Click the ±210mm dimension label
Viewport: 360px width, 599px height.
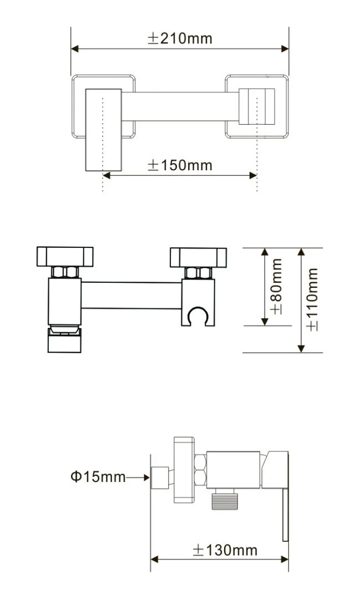180,38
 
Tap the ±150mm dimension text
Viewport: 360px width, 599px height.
180,165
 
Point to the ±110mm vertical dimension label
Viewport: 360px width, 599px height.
312,299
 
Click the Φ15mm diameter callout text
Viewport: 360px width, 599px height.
98,477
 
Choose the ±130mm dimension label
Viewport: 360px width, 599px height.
225,551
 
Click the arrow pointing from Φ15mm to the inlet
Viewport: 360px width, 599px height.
138,477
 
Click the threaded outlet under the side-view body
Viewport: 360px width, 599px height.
225,499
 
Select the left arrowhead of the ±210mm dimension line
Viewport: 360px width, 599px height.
75,48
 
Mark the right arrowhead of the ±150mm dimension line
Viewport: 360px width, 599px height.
253,175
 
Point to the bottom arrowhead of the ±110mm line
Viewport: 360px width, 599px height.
301,348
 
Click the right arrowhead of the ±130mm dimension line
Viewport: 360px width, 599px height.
285,560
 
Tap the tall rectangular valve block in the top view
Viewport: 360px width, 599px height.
104,130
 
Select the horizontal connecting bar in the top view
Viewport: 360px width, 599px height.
180,106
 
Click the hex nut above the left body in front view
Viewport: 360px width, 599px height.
65,272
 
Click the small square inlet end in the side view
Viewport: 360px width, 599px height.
160,478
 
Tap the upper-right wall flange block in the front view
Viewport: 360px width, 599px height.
199,257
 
